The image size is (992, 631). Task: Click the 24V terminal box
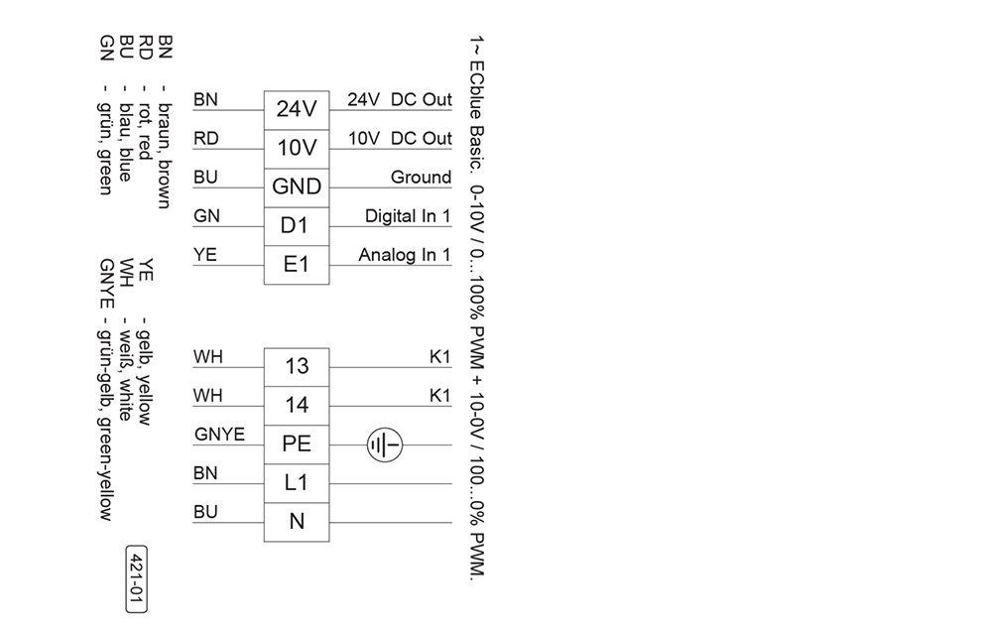tap(297, 110)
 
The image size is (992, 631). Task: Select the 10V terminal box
tap(297, 149)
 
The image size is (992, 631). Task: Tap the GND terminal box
tap(297, 188)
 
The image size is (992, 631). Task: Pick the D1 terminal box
tap(297, 226)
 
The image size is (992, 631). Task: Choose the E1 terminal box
tap(297, 265)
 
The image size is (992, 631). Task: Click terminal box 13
tap(297, 367)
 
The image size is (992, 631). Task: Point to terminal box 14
tap(297, 406)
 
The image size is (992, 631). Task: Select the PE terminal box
tap(297, 444)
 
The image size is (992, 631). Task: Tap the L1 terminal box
tap(297, 483)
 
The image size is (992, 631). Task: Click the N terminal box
tap(297, 522)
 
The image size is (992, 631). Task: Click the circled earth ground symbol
tap(385, 444)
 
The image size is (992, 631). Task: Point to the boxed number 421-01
tap(137, 579)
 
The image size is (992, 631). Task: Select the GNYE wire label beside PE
tap(219, 435)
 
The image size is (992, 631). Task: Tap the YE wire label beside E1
tap(205, 254)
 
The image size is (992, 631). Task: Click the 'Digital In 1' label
tap(408, 216)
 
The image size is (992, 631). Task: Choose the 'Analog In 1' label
tap(405, 255)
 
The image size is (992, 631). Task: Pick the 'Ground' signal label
tap(421, 178)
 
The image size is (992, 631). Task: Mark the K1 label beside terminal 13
tap(439, 357)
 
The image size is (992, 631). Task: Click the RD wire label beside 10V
tap(206, 138)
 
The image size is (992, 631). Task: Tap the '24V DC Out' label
tap(400, 99)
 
